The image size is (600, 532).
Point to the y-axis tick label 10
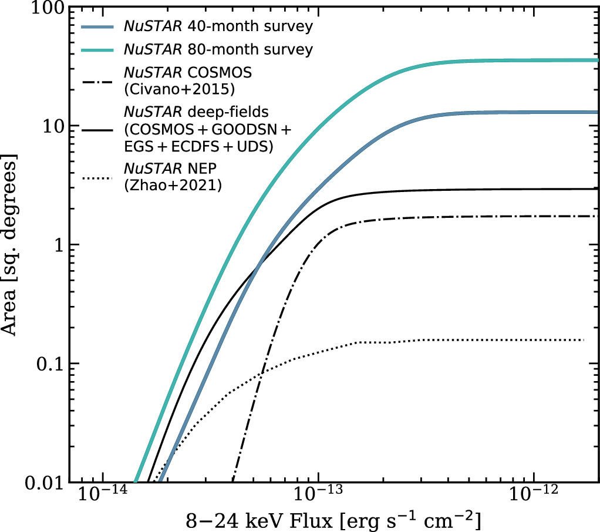[x=52, y=126]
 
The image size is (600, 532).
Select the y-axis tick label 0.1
[x=49, y=364]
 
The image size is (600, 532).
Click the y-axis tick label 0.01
[x=43, y=482]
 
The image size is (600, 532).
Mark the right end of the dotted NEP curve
[x=584, y=340]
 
